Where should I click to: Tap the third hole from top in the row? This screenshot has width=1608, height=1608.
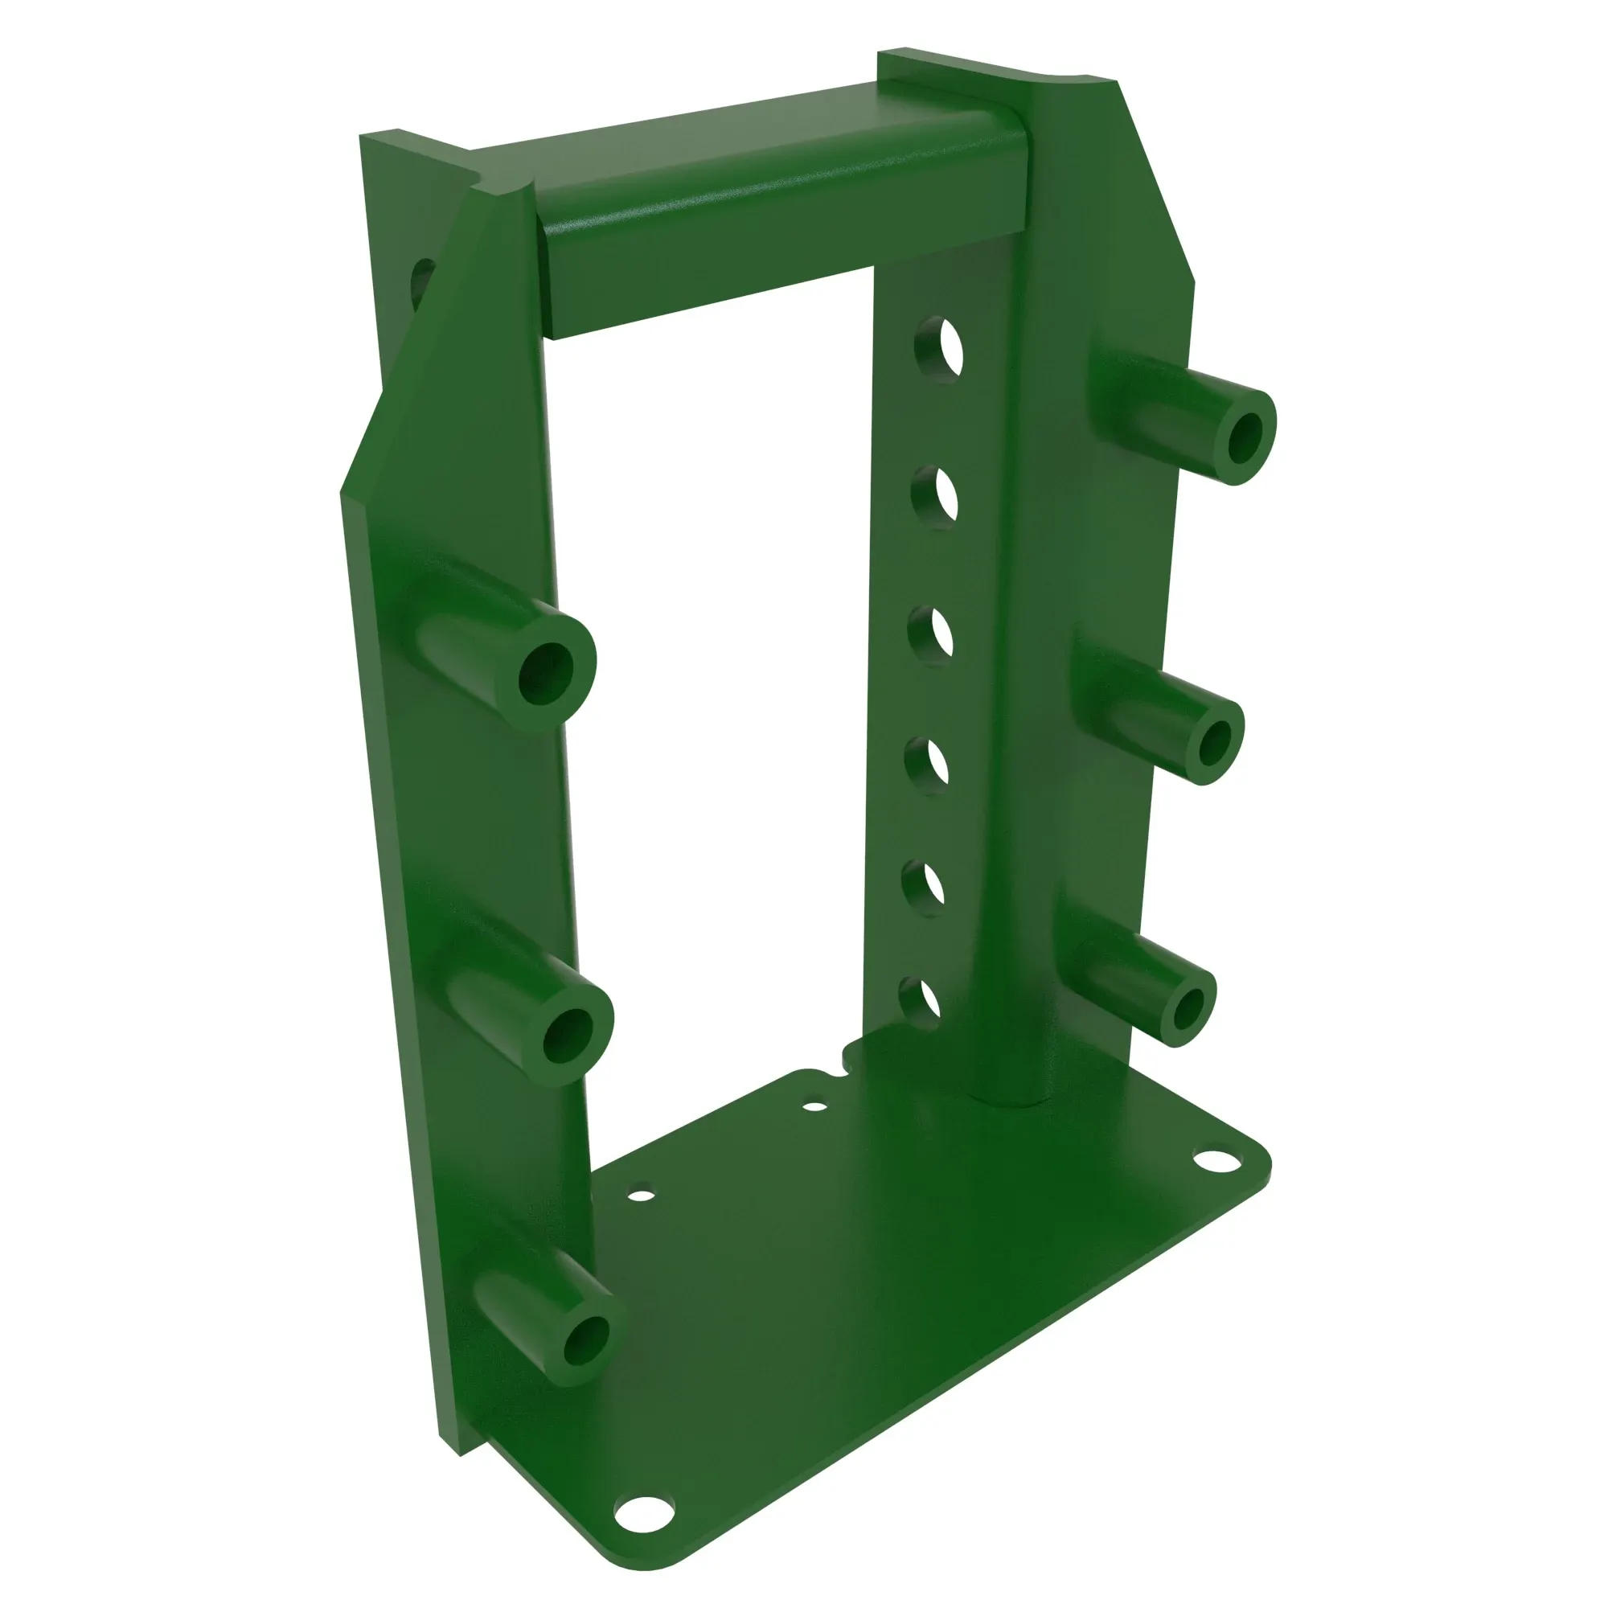click(x=931, y=637)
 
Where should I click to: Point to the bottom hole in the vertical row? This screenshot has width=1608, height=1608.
click(x=920, y=1002)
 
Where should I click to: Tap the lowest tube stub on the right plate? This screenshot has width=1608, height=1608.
click(x=1187, y=1010)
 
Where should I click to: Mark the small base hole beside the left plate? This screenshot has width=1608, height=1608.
click(x=641, y=1196)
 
